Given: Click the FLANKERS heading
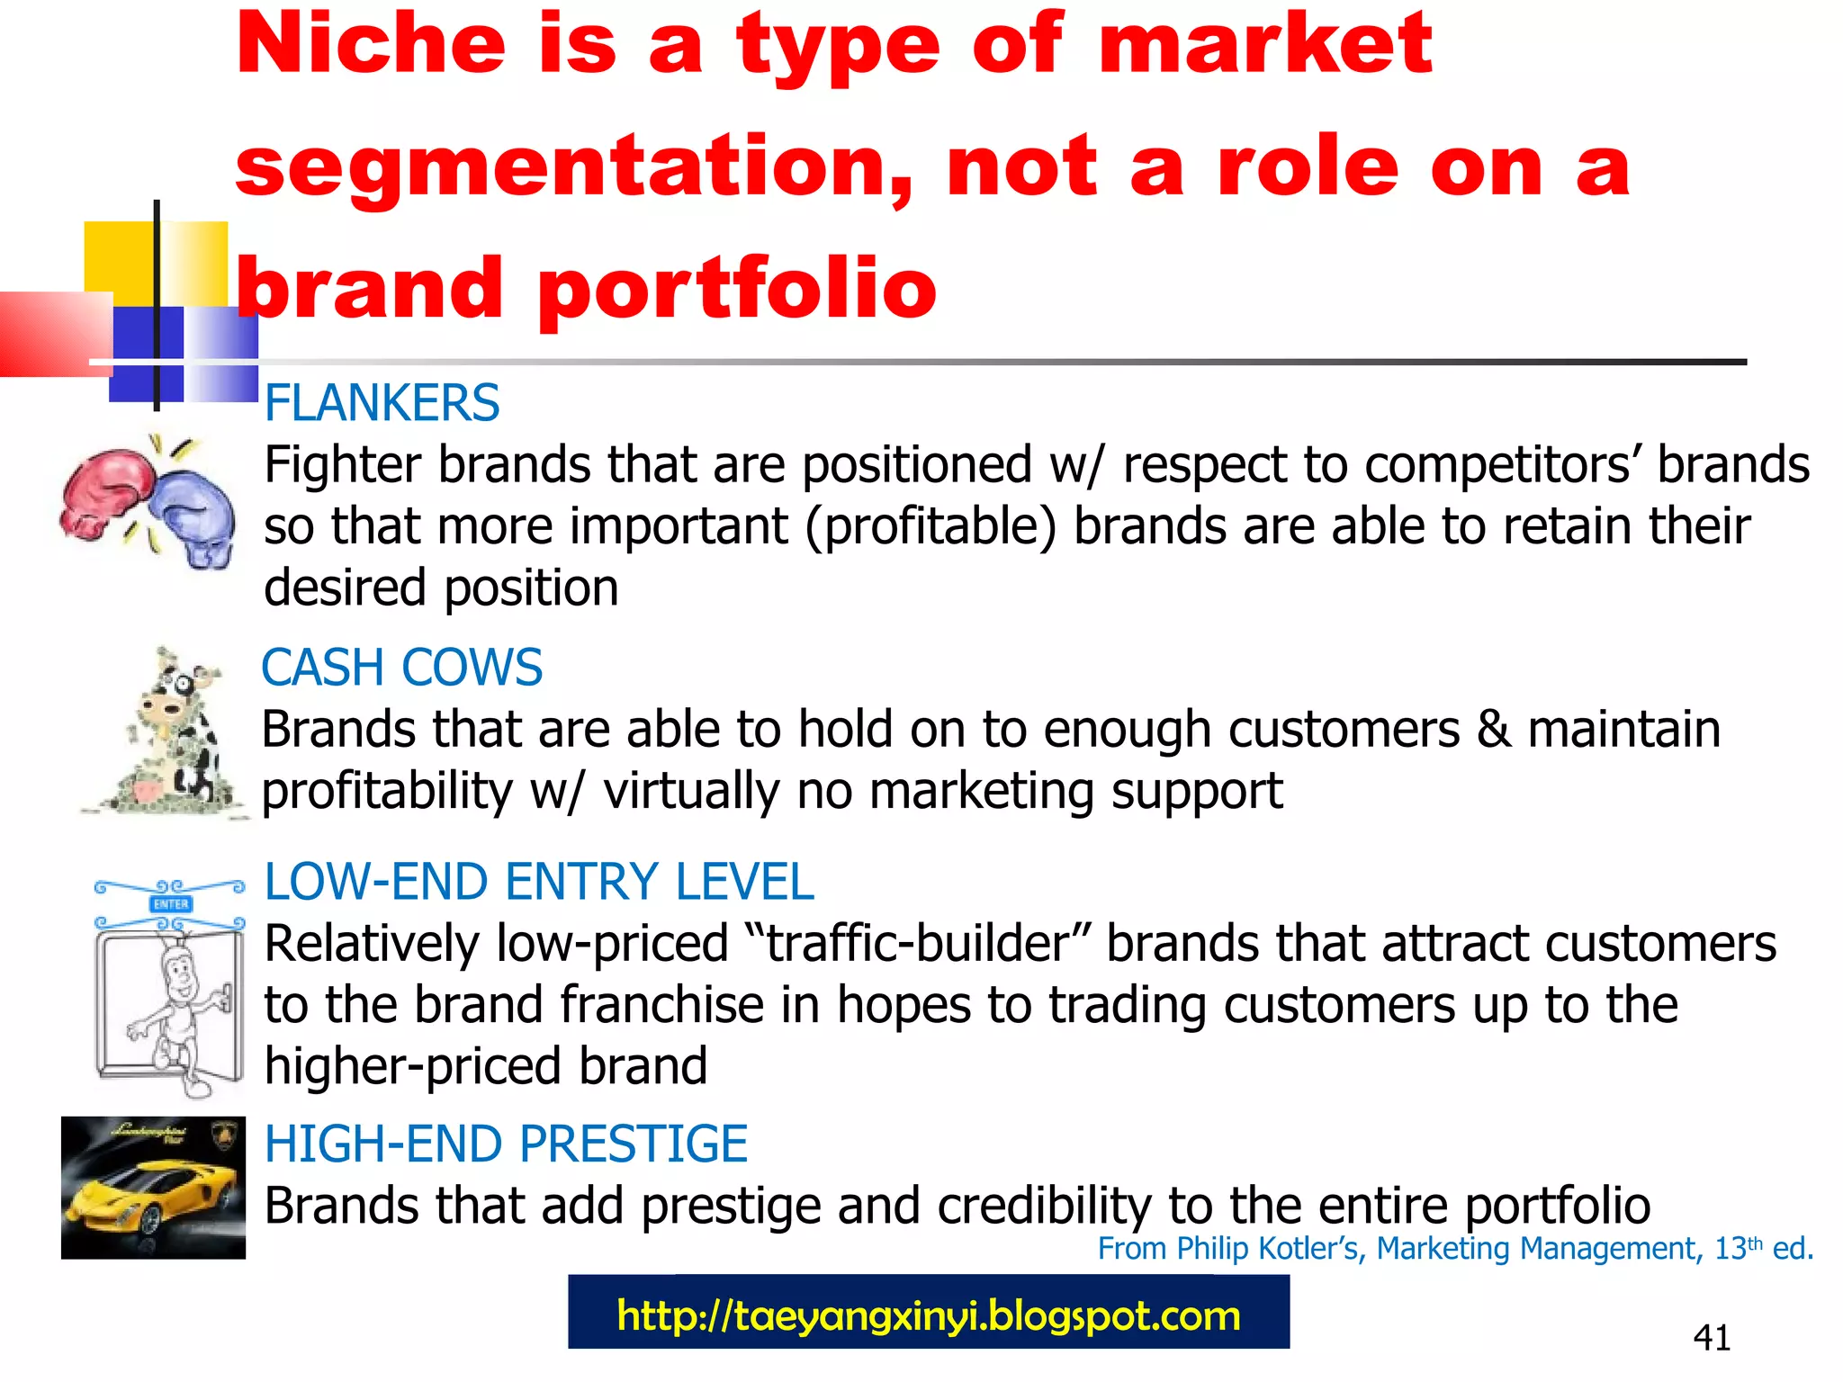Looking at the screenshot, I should [382, 403].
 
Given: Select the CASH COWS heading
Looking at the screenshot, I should [401, 668].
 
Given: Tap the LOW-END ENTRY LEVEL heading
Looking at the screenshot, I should [538, 882].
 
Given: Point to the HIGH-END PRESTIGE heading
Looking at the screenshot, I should [506, 1144].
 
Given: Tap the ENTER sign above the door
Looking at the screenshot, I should [171, 903].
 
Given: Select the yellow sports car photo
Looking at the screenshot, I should [153, 1188].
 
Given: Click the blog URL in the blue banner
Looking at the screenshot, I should [929, 1315].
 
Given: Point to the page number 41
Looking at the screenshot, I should [1711, 1338].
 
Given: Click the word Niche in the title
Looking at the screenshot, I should [371, 45].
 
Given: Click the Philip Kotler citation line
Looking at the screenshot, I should [1454, 1249].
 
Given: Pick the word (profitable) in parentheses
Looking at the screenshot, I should [930, 526].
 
